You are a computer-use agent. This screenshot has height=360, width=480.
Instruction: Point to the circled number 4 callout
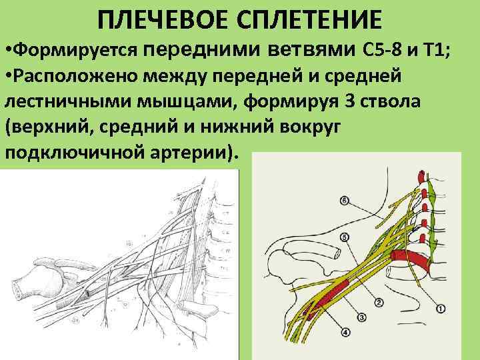(345, 333)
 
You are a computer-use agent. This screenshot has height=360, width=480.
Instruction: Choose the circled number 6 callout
(343, 199)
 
